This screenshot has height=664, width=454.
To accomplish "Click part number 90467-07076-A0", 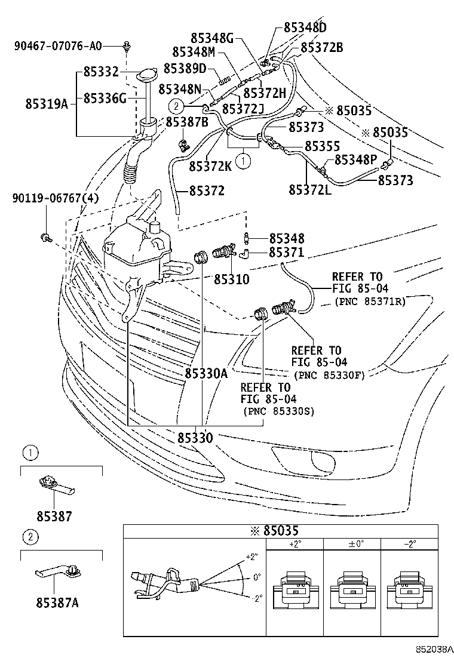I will tap(57, 45).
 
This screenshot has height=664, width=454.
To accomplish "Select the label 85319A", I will tap(47, 103).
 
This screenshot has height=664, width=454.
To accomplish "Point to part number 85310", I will tap(232, 279).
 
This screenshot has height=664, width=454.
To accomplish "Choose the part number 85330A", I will tap(205, 374).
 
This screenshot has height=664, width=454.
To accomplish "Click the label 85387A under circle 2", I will tap(58, 602).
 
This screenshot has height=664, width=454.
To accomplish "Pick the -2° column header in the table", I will tap(409, 544).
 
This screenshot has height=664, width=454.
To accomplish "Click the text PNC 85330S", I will tap(279, 411).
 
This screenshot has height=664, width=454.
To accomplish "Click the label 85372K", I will tap(210, 166).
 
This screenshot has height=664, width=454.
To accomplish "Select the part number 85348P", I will tap(355, 159).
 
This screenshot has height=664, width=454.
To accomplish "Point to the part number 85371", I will tap(286, 253).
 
